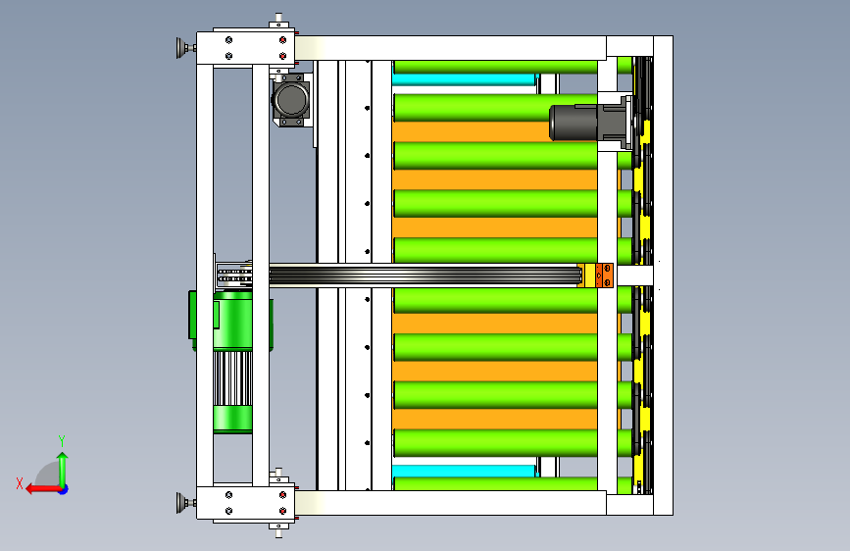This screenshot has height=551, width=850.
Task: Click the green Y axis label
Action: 62,440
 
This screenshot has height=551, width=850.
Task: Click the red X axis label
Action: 20,483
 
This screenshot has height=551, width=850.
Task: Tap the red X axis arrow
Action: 43,489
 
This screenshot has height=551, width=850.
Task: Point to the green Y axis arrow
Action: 63,469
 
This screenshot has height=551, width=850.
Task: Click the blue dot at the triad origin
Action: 64,489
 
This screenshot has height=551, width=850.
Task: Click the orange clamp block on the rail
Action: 605,275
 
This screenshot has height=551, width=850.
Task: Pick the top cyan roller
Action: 464,79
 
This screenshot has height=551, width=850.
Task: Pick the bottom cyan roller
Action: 464,471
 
